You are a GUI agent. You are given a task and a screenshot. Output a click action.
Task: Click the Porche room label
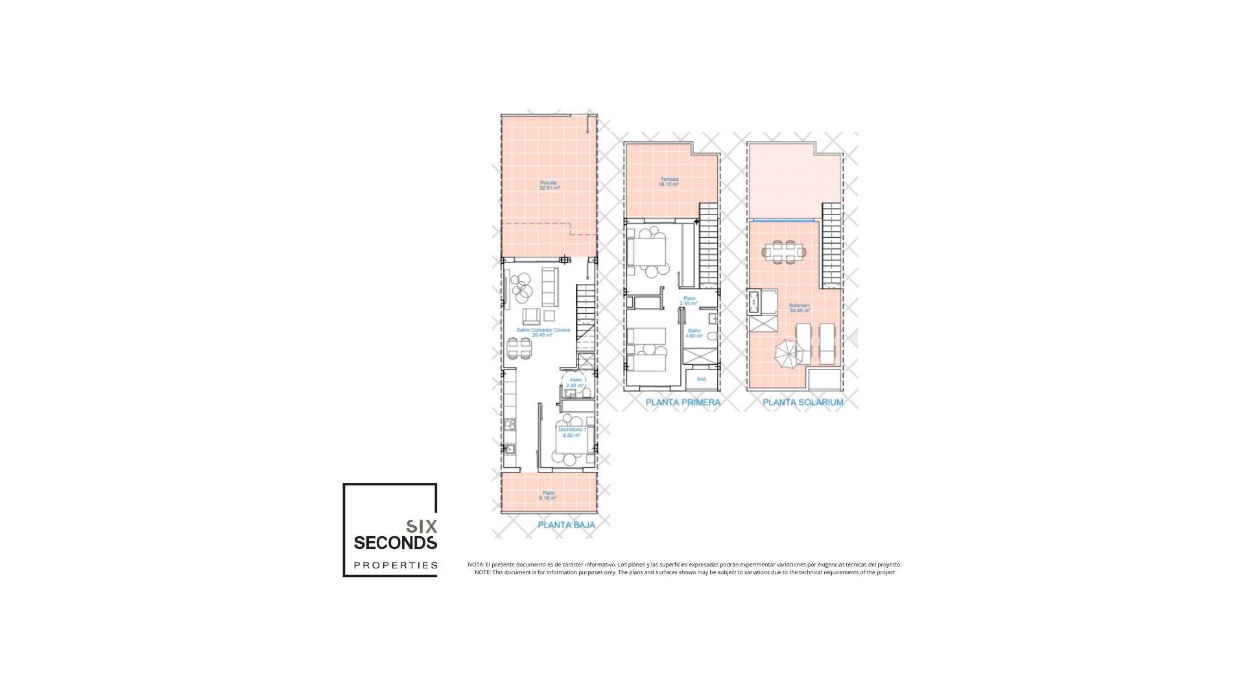coord(549,185)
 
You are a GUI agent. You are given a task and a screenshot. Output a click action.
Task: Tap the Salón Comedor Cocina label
coord(543,332)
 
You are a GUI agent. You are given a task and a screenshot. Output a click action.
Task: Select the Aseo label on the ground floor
coord(575,382)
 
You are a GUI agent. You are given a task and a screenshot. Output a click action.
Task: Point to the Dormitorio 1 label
coord(571,432)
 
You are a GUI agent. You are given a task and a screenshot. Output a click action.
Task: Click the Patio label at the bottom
coord(549,496)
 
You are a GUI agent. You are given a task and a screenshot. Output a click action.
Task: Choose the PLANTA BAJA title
coord(565,525)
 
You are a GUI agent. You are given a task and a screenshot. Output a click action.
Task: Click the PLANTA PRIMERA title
coord(683,402)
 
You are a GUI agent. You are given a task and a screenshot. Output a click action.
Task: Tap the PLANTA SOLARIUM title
coord(803,402)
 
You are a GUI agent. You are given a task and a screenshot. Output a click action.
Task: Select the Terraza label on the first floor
coord(669,181)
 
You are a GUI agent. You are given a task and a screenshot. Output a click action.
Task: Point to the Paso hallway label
coord(689,301)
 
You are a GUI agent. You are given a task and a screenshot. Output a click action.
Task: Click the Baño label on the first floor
coord(694,333)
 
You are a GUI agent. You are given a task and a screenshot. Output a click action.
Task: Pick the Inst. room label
coord(701,379)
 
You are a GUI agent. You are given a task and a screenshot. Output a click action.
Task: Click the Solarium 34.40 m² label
coord(799,308)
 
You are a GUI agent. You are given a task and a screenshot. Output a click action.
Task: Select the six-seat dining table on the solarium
coord(783,251)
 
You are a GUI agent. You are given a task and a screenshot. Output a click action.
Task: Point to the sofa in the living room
coord(550,286)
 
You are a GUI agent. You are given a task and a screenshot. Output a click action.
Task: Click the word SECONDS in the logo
coord(395,542)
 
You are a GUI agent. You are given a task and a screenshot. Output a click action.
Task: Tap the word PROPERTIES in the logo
coord(395,565)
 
